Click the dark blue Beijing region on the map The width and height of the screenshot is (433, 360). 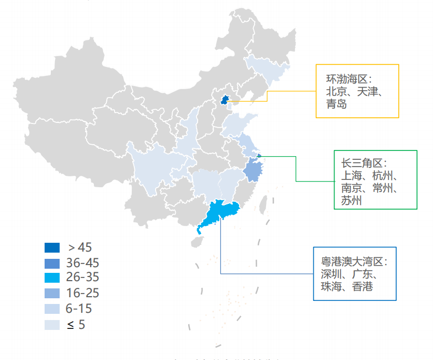[225, 100]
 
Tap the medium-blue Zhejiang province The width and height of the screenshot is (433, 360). [253, 170]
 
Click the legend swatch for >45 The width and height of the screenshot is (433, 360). [52, 247]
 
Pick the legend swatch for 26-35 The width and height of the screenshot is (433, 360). [52, 278]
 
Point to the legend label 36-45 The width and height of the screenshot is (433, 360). [82, 262]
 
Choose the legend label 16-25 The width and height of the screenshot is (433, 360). [82, 293]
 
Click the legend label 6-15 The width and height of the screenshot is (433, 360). [79, 309]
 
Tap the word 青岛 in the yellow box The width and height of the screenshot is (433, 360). [336, 104]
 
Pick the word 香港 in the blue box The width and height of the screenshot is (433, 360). [362, 286]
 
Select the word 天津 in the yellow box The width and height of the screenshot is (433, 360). [369, 92]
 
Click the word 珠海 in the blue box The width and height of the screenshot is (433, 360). [331, 286]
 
